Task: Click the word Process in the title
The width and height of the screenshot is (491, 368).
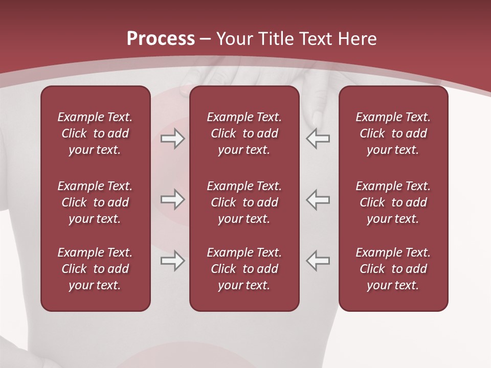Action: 161,38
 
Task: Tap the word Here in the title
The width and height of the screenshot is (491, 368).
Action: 356,38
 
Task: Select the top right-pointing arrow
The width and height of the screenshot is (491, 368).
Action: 172,139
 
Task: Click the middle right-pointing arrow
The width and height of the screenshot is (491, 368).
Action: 172,199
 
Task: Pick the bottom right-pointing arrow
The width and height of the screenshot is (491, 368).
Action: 172,261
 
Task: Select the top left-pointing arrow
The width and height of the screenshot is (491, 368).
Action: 318,139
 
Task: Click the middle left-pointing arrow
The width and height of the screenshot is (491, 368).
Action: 318,199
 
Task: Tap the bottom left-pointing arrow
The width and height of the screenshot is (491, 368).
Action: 318,261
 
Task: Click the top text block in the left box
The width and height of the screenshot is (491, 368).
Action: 95,133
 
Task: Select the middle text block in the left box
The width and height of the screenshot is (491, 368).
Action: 95,202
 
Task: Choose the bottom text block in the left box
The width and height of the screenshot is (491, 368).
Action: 95,269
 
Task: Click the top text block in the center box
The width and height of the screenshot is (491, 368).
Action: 244,133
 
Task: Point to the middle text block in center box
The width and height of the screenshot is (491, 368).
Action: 244,202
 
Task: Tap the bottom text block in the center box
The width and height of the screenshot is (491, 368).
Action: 244,269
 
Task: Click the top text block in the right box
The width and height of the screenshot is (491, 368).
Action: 393,133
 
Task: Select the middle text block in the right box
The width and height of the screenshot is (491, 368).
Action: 393,202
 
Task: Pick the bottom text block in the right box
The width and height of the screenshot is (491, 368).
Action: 393,269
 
